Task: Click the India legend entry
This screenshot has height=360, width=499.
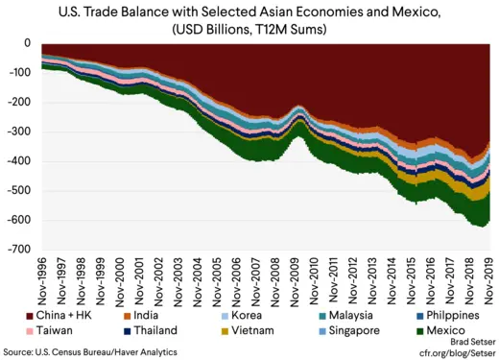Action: [x=150, y=316]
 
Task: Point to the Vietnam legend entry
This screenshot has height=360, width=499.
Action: [x=252, y=330]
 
